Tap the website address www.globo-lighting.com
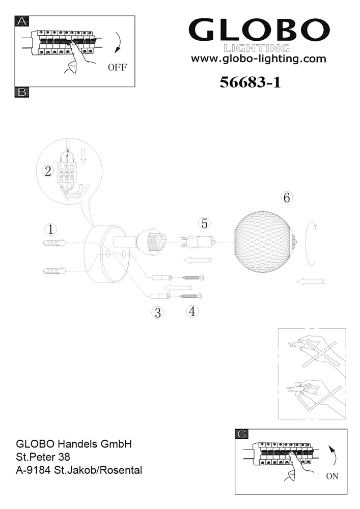(x=258, y=59)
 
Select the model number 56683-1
(x=250, y=82)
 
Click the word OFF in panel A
(x=118, y=68)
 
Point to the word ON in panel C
(x=332, y=476)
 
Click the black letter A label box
(x=22, y=21)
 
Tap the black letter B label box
(x=22, y=92)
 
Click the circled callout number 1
(x=50, y=230)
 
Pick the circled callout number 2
(x=48, y=171)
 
